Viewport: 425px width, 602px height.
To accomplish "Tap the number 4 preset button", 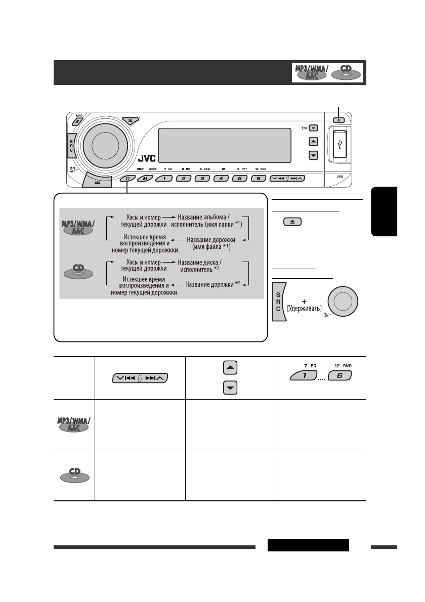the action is pyautogui.click(x=221, y=178).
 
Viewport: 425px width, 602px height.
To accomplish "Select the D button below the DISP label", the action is pyautogui.click(x=127, y=178).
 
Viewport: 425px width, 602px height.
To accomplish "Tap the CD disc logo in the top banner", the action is pyautogui.click(x=347, y=74).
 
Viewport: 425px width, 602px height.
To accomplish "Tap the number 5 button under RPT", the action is pyautogui.click(x=239, y=178).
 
